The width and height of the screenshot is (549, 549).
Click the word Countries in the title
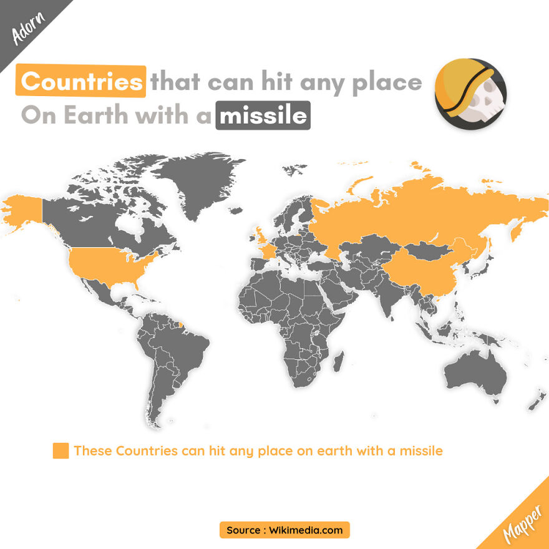coord(81,82)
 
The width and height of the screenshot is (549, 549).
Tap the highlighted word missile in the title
coord(263,116)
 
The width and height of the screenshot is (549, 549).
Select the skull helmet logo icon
coord(470,94)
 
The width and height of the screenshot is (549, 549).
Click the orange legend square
coord(61,450)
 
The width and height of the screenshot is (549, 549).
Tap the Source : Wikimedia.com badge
coord(284,530)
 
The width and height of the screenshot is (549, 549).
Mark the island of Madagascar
coord(338,364)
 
